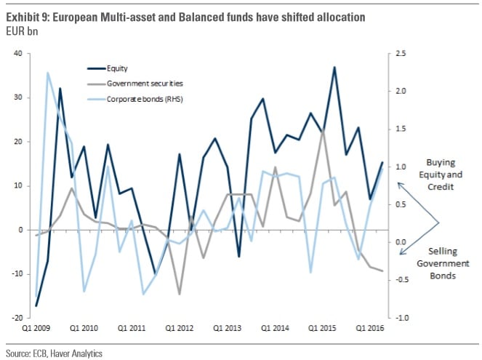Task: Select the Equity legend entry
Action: [116, 68]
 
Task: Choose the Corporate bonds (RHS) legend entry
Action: [142, 98]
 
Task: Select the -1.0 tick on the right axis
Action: [401, 318]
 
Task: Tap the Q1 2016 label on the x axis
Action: [369, 328]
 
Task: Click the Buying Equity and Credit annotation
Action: [444, 175]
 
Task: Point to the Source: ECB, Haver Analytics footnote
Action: [55, 353]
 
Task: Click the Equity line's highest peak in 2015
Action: [334, 68]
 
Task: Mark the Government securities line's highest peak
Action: [323, 132]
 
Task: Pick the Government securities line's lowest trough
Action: [179, 295]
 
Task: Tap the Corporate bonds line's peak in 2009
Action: [48, 73]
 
